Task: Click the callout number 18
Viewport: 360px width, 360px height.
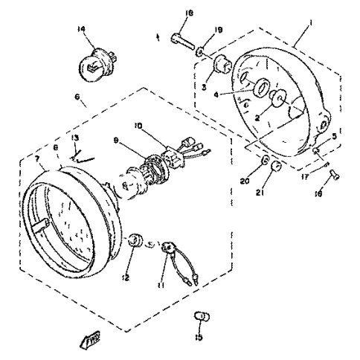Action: [187, 13]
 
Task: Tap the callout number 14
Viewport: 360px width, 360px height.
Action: [102, 29]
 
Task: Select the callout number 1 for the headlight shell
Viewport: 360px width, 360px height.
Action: [309, 23]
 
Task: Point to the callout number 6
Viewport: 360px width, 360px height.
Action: [77, 97]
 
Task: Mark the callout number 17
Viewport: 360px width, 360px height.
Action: [306, 176]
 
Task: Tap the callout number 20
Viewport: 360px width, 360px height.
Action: [245, 180]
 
